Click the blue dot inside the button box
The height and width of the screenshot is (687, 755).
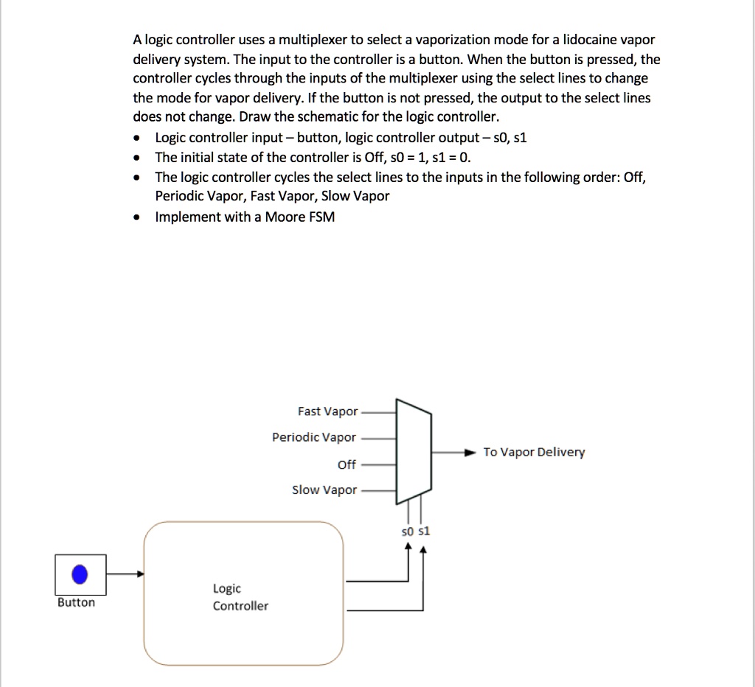click(x=80, y=574)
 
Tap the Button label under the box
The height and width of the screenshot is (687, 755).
click(x=76, y=603)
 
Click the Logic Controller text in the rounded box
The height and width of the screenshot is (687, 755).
click(x=240, y=597)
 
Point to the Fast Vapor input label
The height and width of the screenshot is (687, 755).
click(x=327, y=411)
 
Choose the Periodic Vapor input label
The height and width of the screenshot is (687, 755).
click(x=314, y=437)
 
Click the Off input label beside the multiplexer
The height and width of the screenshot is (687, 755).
click(x=347, y=464)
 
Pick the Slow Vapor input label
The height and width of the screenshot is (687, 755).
click(x=324, y=490)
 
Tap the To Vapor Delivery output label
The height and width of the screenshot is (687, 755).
click(x=534, y=452)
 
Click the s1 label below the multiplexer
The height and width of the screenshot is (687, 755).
click(x=423, y=531)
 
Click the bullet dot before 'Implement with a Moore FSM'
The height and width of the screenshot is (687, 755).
click(x=136, y=217)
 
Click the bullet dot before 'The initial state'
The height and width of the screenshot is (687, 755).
click(x=136, y=158)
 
